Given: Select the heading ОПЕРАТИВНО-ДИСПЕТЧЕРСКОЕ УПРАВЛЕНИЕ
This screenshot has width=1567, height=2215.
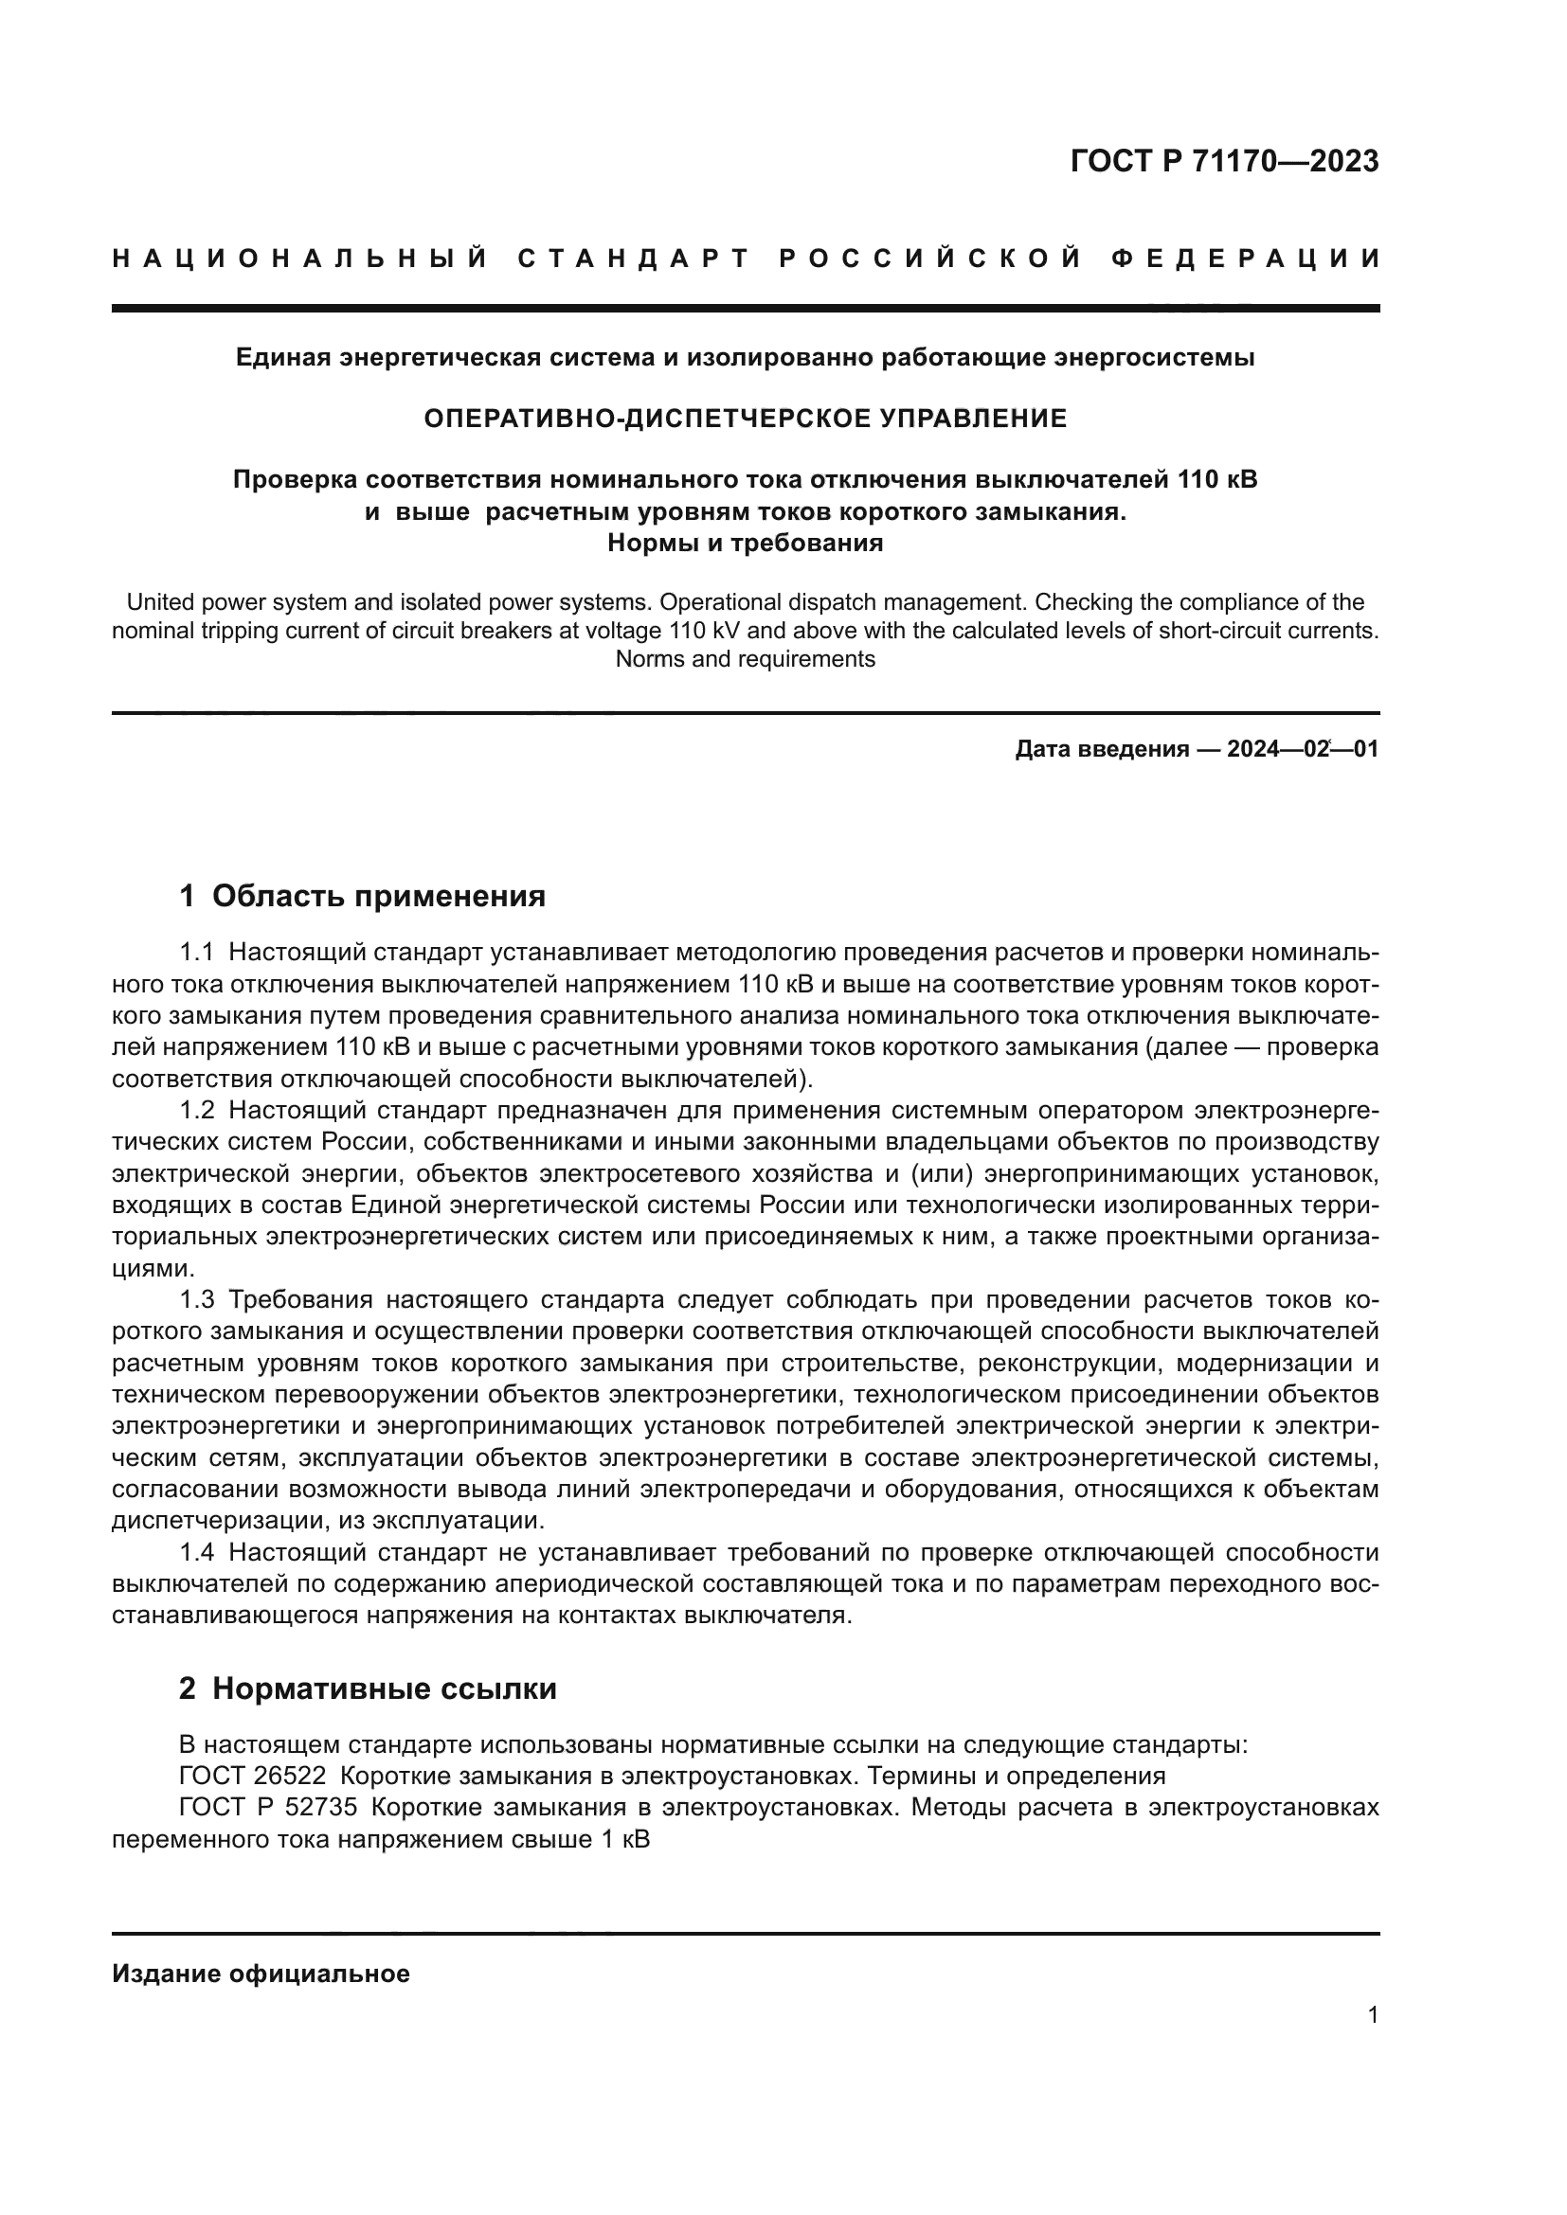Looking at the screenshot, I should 745,418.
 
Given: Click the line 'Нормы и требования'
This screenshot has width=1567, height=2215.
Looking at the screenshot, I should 745,544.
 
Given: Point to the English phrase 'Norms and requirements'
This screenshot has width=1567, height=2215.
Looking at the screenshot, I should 745,659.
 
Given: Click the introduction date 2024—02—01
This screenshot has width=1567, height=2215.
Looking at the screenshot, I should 1302,749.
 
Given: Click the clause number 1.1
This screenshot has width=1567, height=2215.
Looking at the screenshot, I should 196,954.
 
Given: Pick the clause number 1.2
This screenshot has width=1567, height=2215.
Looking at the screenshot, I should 196,1112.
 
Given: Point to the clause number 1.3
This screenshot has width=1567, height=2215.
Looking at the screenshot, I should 196,1300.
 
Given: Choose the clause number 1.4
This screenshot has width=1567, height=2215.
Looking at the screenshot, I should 196,1552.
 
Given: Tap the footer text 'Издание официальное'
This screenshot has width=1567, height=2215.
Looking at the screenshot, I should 261,1974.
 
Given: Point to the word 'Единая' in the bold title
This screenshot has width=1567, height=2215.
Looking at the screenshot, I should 279,358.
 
